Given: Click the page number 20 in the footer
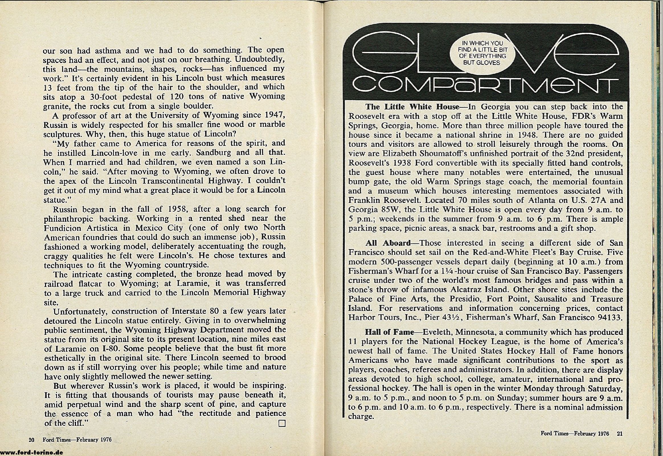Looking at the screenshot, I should click(31, 440).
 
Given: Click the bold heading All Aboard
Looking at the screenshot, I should click(388, 243).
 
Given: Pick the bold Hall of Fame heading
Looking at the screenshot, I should click(390, 332).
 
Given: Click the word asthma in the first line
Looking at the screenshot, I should click(109, 50).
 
